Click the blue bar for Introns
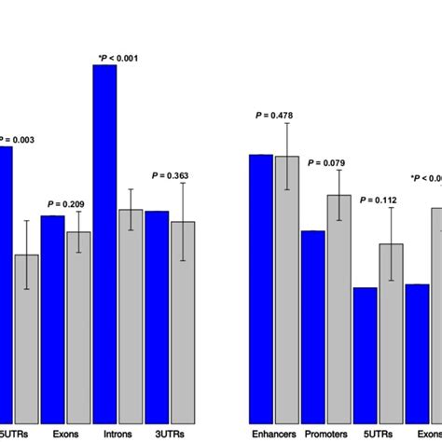click(104, 242)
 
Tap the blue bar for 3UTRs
click(157, 316)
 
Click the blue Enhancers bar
click(260, 288)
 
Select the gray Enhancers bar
click(286, 289)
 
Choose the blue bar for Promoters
click(312, 326)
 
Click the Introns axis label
click(117, 434)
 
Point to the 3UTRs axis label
click(170, 434)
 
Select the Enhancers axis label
click(274, 434)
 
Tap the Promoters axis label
click(326, 434)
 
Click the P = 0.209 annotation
click(66, 204)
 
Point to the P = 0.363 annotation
click(171, 174)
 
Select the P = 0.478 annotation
click(274, 116)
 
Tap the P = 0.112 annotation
click(379, 200)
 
